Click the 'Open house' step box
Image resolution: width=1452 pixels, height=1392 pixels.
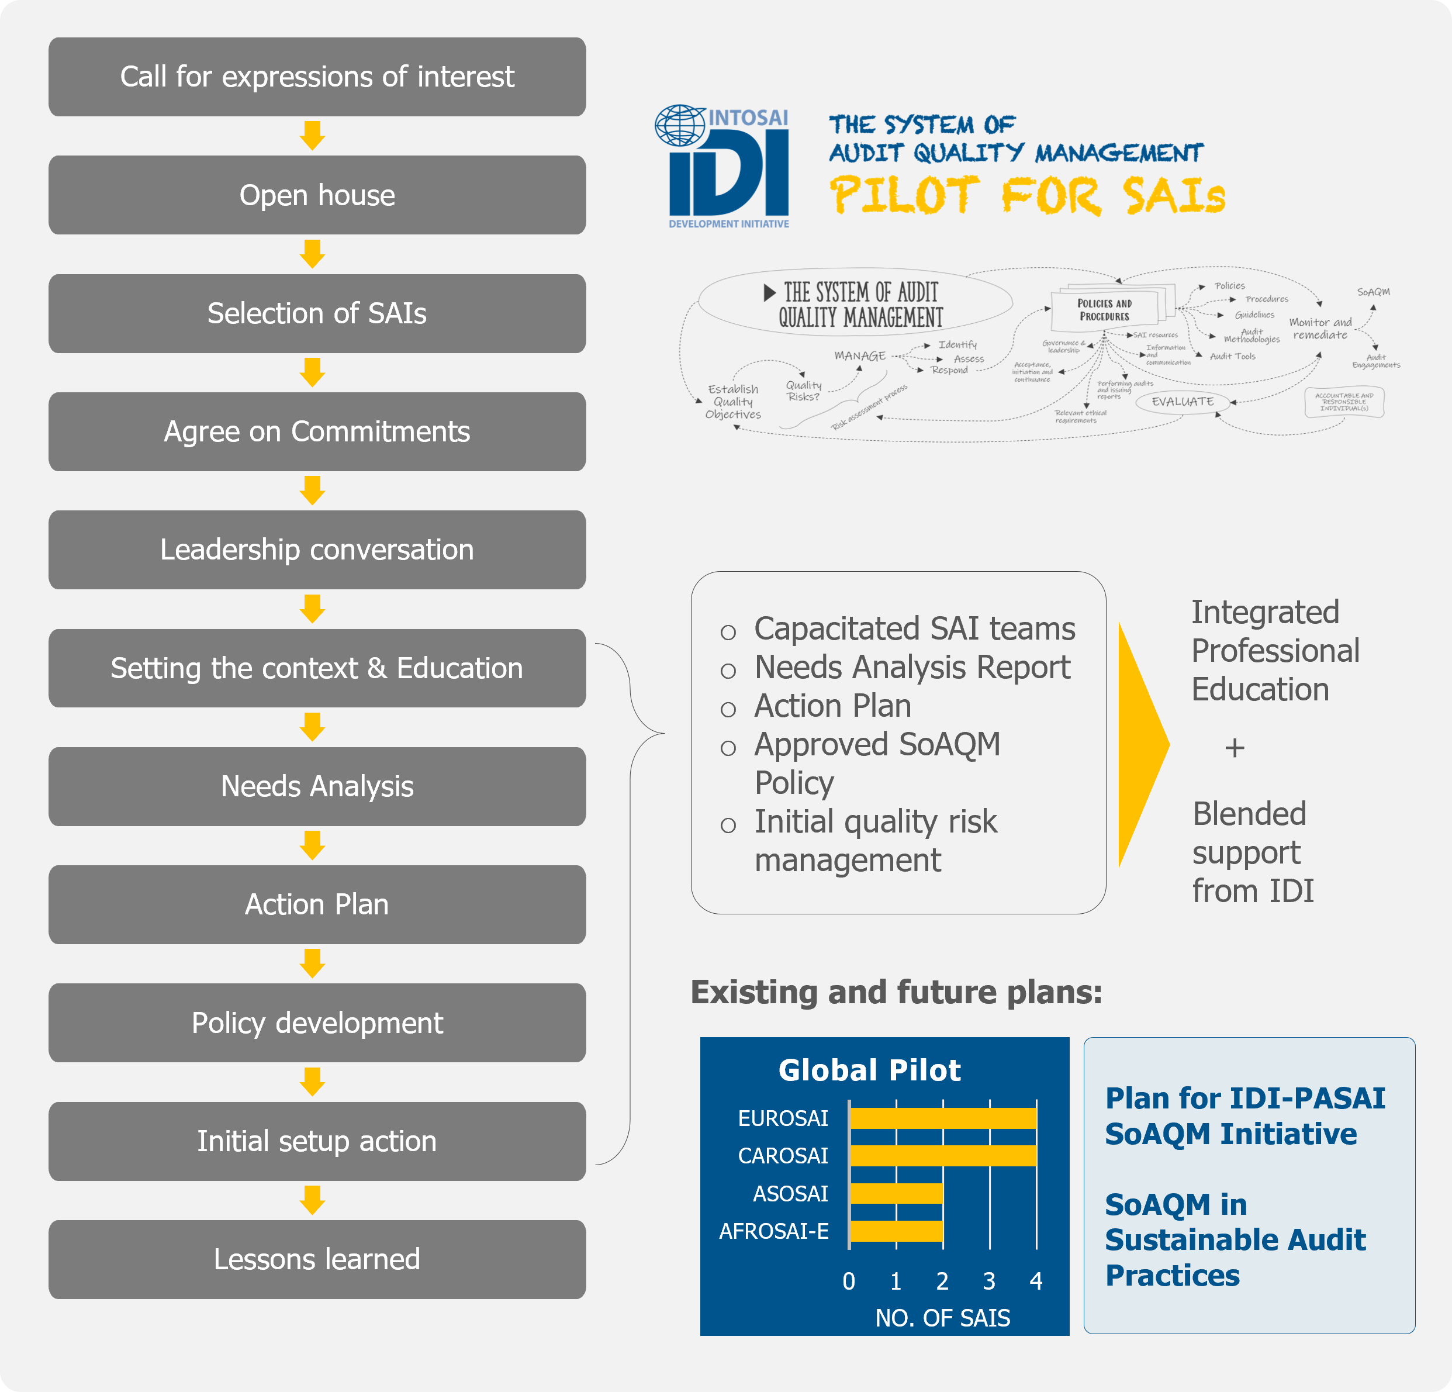[x=317, y=195]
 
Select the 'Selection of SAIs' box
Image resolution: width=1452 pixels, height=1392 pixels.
[x=317, y=313]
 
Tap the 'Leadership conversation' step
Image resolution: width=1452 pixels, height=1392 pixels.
[x=317, y=550]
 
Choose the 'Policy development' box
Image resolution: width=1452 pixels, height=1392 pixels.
[x=317, y=1023]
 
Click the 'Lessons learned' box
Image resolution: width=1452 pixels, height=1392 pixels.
[x=317, y=1259]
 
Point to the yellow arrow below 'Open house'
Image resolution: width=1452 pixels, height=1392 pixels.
[x=313, y=253]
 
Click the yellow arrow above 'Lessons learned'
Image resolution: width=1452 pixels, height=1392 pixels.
[x=313, y=1200]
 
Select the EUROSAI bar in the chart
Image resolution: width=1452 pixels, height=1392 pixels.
[x=942, y=1118]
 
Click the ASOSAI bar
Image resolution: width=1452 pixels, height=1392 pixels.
[x=896, y=1193]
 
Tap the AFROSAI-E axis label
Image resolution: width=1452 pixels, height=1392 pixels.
[x=773, y=1231]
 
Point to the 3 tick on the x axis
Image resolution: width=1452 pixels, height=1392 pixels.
[x=989, y=1281]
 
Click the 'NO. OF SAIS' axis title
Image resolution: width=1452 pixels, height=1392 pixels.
[x=942, y=1318]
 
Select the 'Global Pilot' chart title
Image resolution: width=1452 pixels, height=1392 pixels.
[x=869, y=1070]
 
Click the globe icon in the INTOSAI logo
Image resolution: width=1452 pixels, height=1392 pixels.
[x=679, y=125]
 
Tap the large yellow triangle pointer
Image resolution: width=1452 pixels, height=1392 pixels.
[x=1142, y=744]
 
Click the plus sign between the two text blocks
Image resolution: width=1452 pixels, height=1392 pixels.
[x=1234, y=748]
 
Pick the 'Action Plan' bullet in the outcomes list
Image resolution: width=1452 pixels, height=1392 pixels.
[x=832, y=706]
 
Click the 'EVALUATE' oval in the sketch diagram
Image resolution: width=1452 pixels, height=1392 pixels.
[x=1183, y=402]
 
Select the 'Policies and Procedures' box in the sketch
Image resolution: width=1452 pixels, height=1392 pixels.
[x=1105, y=310]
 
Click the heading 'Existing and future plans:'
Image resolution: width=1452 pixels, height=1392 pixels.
[x=896, y=992]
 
